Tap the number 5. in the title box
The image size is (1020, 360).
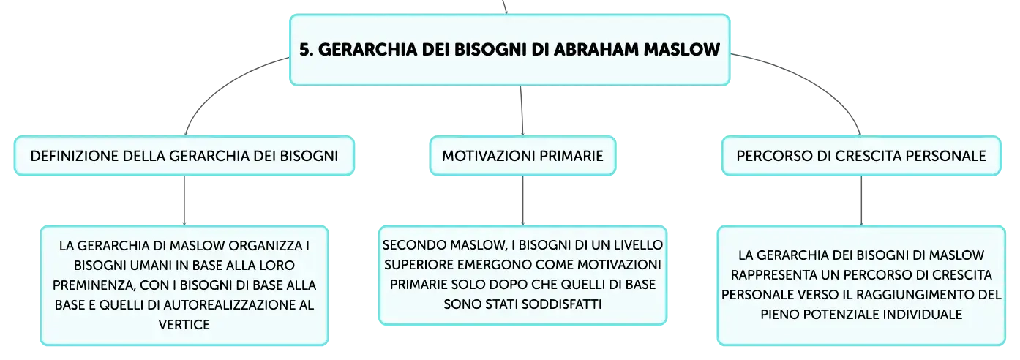click(307, 49)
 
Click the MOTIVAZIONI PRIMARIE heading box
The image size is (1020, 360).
click(522, 156)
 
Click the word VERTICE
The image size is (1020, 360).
click(184, 324)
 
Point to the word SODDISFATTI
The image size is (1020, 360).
click(561, 304)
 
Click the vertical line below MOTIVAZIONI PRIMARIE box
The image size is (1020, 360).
click(522, 200)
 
